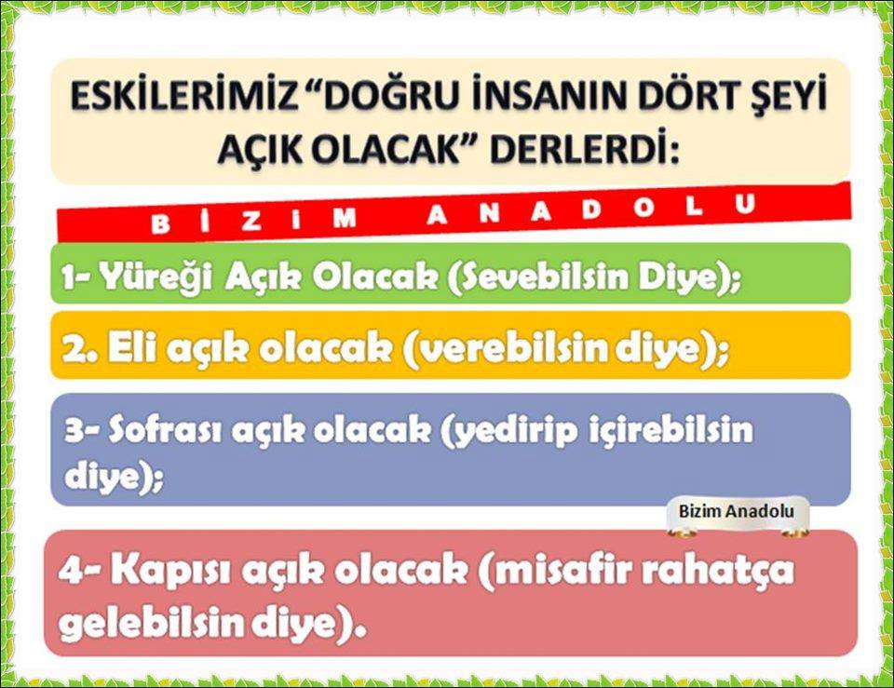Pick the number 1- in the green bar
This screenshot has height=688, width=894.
click(76, 277)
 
